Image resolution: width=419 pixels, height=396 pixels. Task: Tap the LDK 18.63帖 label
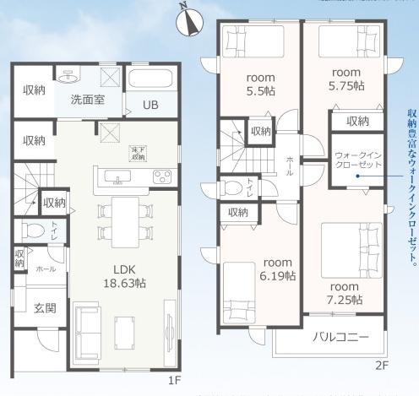123,277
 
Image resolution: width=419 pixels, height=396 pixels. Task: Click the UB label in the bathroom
150,106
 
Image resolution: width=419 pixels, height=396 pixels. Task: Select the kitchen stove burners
161,176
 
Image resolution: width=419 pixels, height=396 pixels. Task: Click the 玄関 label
45,308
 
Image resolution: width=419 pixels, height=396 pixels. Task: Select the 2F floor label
381,366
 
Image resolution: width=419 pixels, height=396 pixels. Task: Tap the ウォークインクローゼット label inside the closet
356,160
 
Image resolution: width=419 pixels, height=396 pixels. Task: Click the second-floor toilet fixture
233,188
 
